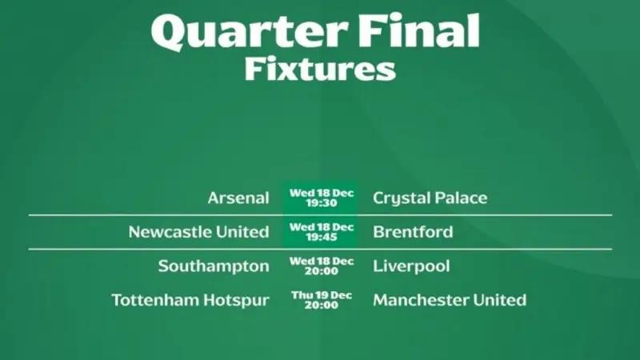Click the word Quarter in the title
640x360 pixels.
250,33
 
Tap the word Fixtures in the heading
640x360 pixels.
320,70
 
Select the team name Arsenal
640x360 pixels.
238,198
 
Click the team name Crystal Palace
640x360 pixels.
430,198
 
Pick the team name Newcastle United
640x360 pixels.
198,232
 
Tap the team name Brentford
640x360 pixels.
413,232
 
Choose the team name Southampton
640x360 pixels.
214,266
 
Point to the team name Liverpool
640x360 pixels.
411,266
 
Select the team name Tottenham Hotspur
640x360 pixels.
190,301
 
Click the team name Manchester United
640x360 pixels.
450,300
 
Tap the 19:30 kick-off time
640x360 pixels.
322,203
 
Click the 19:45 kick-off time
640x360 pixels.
322,237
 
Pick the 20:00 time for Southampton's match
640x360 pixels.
322,270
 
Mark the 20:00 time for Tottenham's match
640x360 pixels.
322,305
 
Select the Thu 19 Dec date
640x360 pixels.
322,295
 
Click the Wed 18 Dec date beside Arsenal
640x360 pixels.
322,193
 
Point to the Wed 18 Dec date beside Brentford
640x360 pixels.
322,227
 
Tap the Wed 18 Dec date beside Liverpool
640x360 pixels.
322,262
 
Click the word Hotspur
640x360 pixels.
236,301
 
